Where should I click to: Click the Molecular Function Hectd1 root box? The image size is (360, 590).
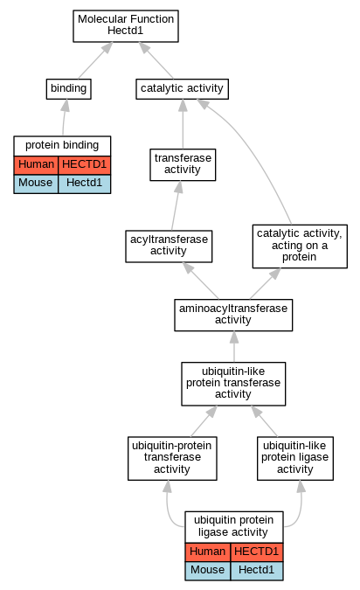tap(126, 26)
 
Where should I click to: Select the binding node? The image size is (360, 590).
tap(69, 89)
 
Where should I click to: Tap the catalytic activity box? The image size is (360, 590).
tap(182, 89)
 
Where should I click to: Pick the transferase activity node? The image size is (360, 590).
tap(183, 164)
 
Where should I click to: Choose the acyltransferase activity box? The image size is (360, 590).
tap(169, 246)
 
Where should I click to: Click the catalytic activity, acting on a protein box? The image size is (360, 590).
tap(300, 246)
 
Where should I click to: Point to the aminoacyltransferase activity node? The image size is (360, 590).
tap(233, 315)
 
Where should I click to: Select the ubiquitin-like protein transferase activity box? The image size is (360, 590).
tap(233, 384)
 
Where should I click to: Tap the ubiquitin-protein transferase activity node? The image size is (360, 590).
tap(172, 458)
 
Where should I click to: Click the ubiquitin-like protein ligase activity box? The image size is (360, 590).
tap(295, 458)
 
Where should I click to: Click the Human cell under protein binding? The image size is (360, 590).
tap(36, 165)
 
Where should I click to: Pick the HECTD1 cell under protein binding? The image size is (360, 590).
tap(84, 165)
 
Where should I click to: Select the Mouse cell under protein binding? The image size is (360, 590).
tap(36, 184)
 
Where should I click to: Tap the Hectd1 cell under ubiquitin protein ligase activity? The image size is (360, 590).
tap(257, 571)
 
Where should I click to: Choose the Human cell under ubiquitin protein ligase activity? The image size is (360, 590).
tap(208, 552)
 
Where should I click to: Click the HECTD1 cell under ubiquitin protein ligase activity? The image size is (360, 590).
tap(257, 552)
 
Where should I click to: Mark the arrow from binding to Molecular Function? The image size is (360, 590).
tap(95, 60)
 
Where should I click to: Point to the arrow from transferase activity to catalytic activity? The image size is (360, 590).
tap(183, 124)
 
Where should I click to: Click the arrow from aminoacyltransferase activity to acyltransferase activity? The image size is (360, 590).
tap(200, 281)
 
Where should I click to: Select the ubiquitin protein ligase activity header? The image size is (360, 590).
tap(234, 527)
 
